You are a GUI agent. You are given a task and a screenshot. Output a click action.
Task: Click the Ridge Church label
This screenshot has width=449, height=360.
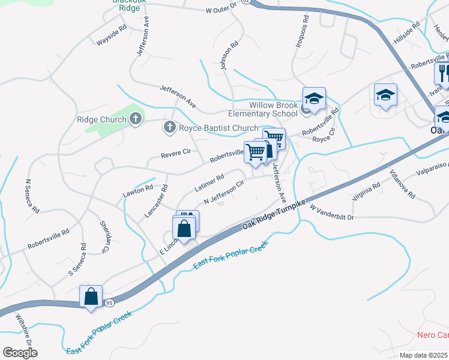point(101,119)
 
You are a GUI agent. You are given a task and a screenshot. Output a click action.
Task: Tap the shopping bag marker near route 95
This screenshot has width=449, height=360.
point(91,297)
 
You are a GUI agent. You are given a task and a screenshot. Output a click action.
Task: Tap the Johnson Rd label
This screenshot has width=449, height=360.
point(230,55)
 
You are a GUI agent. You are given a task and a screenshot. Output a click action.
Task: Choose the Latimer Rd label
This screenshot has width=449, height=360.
point(209,182)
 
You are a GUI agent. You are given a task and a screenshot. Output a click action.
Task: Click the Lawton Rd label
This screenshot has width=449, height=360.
point(138,190)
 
